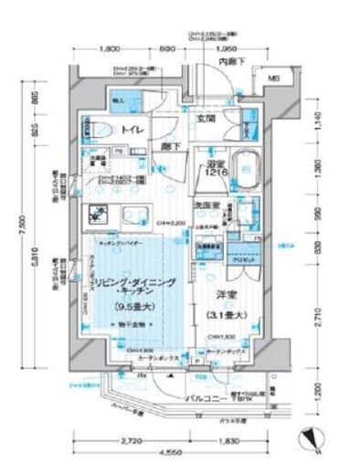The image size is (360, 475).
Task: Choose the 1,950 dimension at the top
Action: coord(228,47)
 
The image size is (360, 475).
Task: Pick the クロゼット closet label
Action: coord(239,260)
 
